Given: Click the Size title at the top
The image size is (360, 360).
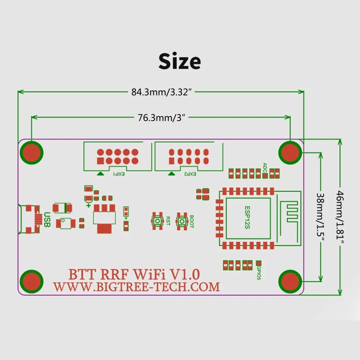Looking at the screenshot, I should [x=180, y=61].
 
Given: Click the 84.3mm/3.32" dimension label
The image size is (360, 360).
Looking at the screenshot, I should [x=162, y=92].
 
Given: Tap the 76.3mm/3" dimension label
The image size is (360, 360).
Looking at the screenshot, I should [x=161, y=118].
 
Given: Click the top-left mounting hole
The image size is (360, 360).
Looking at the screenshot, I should [x=31, y=153].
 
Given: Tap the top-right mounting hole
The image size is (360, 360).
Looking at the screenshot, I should [x=291, y=153].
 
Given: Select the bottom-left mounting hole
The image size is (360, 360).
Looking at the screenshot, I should [x=31, y=281].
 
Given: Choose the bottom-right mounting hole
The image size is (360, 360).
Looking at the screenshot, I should [x=291, y=281].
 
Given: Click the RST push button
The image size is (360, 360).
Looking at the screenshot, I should [x=158, y=221].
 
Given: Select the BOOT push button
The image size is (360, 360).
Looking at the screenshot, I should [x=182, y=221].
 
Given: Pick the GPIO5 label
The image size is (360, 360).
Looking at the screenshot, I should [x=259, y=273].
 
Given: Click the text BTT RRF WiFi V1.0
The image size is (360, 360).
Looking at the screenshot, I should [x=134, y=273].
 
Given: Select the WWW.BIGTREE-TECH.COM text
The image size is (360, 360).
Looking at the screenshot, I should [x=136, y=287].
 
